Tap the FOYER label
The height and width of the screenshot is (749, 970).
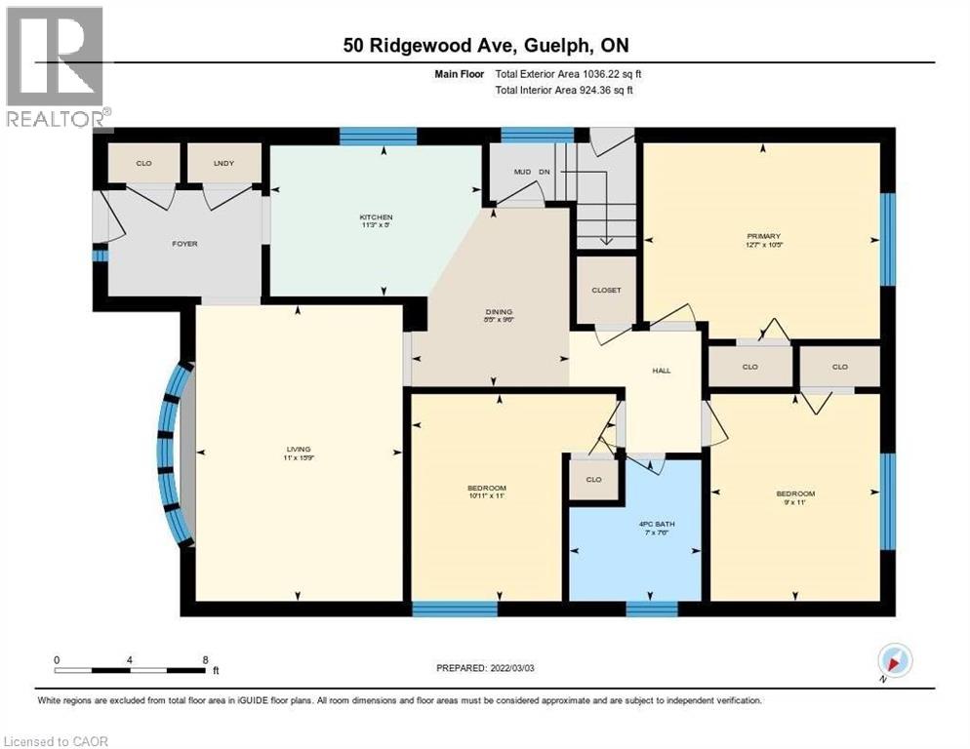click(184, 243)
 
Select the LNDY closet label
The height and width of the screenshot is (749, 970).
click(224, 163)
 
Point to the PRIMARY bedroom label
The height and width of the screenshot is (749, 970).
click(763, 235)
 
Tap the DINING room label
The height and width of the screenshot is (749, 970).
click(499, 313)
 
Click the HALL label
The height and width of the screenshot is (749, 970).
click(661, 370)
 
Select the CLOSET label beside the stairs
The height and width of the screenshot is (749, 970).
click(606, 290)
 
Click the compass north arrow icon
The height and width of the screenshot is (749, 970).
click(895, 661)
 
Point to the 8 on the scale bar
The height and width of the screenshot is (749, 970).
click(204, 659)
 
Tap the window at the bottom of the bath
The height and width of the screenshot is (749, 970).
click(651, 610)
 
